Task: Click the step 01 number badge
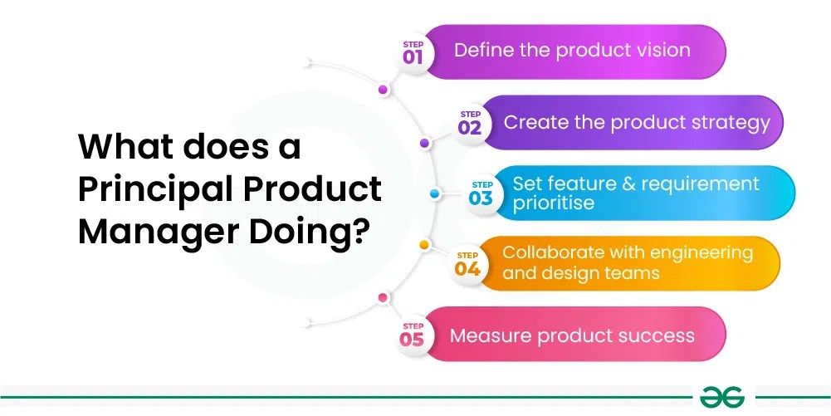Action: [x=413, y=52]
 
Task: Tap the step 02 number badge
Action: [x=470, y=123]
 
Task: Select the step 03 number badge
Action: [x=481, y=193]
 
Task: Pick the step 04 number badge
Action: [x=467, y=264]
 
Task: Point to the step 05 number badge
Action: [x=412, y=335]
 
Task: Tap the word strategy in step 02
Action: [x=731, y=123]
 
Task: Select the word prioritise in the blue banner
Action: [x=553, y=203]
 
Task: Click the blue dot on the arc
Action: [x=434, y=193]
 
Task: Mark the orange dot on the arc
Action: [x=423, y=245]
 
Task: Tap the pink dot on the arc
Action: [x=383, y=297]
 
